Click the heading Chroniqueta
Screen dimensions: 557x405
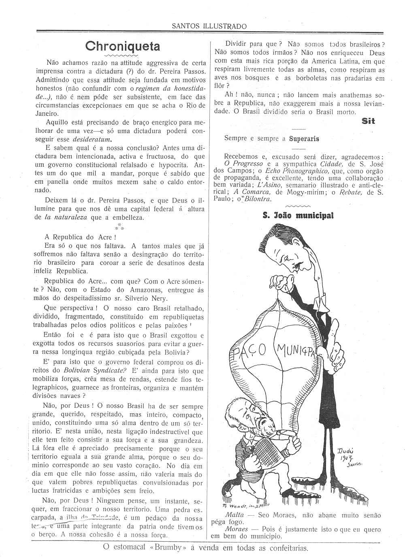point(123,46)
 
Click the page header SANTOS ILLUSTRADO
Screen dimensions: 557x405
point(209,26)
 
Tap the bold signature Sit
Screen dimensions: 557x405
point(368,121)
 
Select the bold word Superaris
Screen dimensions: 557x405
point(304,138)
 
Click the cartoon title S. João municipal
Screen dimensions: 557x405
point(298,215)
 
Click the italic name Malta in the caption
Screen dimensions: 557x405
point(234,515)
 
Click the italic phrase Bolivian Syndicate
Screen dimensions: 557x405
point(95,370)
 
